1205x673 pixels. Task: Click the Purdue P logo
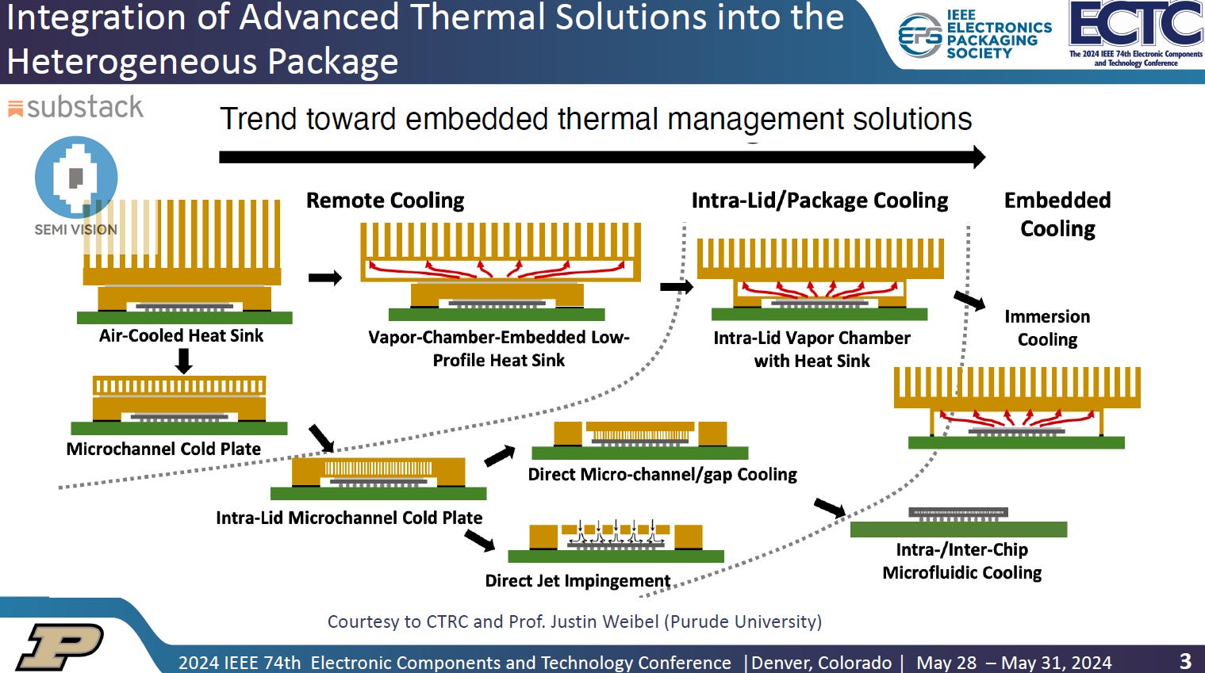point(60,646)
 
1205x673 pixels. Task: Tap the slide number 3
point(1185,660)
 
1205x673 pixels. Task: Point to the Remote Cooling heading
point(385,201)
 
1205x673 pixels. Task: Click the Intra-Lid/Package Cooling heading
point(819,201)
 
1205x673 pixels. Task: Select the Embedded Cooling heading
point(1057,214)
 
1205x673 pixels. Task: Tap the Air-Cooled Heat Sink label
point(181,335)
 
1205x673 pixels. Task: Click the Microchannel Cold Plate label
point(163,449)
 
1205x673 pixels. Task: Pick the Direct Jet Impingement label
point(578,580)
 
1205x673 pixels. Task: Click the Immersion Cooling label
point(1047,327)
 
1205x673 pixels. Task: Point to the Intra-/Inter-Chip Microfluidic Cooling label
point(961,560)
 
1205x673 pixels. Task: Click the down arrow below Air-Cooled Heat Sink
point(183,361)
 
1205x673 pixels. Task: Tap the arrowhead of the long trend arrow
point(978,157)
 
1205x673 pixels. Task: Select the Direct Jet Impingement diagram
point(616,541)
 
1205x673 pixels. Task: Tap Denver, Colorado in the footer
point(822,662)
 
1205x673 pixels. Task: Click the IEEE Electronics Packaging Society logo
point(974,36)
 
